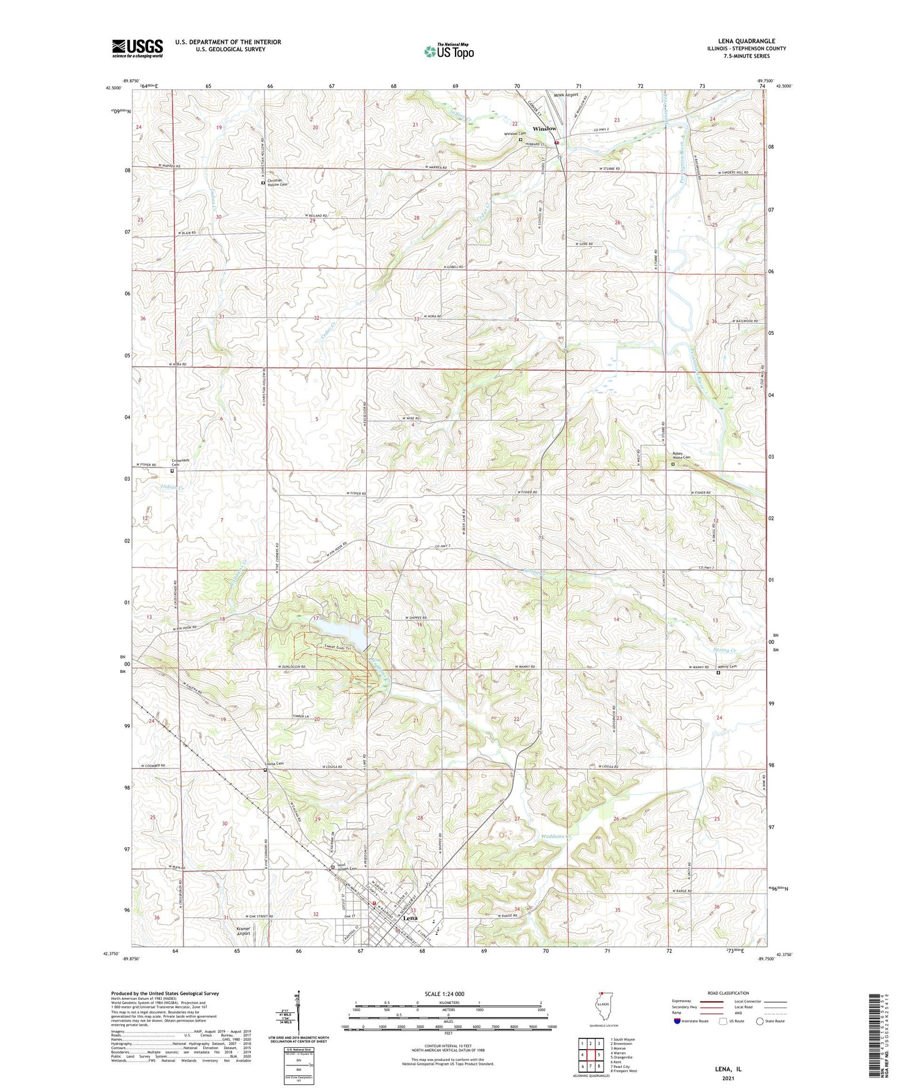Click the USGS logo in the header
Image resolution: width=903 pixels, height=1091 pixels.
(137, 48)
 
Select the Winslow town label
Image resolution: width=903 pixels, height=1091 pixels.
(544, 129)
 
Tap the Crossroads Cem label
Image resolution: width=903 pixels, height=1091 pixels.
(180, 462)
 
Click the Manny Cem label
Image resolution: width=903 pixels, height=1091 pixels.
(728, 666)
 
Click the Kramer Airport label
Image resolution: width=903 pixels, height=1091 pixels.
(243, 931)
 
